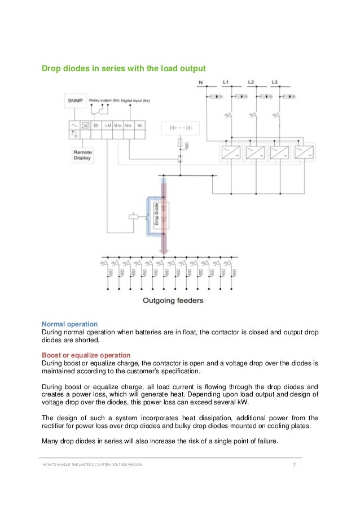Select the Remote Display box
[82, 155]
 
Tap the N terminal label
[201, 82]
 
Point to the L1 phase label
[225, 82]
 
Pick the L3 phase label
[274, 82]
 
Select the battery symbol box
[181, 128]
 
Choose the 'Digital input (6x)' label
[135, 100]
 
